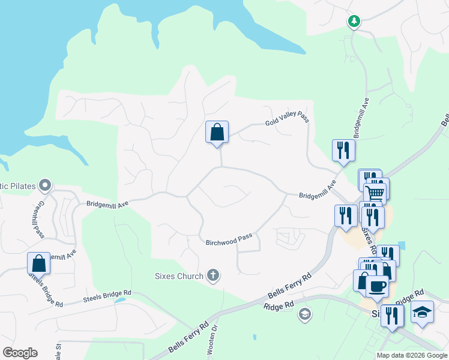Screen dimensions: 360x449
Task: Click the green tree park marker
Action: pos(354,22)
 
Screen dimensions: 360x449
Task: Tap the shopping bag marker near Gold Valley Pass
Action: pos(217,132)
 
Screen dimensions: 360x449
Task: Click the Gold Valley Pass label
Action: pos(287,120)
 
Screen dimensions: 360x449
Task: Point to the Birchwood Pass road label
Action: pos(229,241)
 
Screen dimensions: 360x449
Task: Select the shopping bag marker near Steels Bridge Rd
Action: pos(38,263)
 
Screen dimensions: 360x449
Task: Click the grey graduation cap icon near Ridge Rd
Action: pos(305,314)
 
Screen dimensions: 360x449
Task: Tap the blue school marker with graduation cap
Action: pos(423,311)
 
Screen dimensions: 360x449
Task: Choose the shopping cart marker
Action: pos(375,193)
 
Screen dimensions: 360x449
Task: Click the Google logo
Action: pos(20,353)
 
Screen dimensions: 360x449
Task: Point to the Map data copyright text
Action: pos(411,355)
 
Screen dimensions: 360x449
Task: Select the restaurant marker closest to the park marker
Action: pos(344,150)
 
